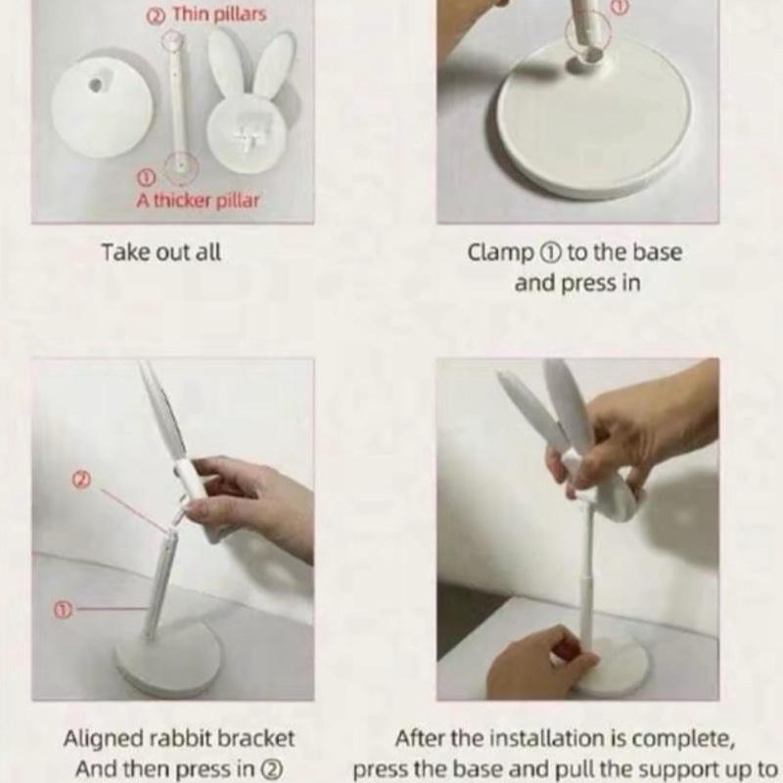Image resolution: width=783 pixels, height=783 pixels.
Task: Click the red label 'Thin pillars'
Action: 219,15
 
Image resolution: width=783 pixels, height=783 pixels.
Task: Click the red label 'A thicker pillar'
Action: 198,201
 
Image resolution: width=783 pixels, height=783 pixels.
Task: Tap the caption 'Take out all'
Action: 161,253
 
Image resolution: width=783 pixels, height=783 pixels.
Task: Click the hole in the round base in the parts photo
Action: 95,85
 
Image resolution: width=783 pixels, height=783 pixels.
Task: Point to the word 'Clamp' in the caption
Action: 500,253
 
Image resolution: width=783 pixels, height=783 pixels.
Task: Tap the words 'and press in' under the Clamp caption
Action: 577,283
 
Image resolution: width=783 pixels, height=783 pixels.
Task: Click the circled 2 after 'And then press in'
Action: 273,769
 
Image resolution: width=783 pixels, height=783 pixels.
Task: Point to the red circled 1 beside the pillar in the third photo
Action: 63,609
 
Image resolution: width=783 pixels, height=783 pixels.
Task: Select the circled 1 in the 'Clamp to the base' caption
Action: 549,253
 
